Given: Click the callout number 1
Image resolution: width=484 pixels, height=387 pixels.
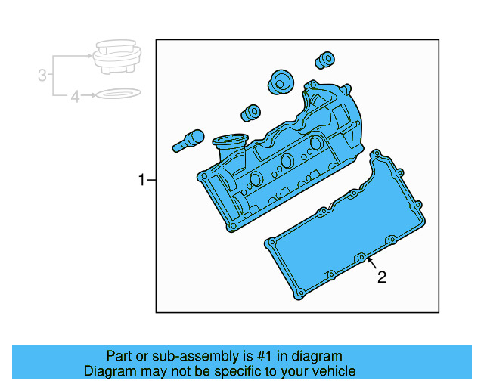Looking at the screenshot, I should [x=141, y=180].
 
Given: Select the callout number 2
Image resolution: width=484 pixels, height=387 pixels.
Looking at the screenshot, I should [x=382, y=277].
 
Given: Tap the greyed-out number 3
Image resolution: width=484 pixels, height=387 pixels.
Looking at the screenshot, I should [x=43, y=75].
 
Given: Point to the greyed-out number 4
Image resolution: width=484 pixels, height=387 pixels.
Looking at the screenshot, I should [x=75, y=96].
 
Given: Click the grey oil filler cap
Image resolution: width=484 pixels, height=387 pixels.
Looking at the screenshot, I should [x=115, y=58].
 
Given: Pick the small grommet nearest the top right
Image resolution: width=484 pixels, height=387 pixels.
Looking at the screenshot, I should [x=325, y=59].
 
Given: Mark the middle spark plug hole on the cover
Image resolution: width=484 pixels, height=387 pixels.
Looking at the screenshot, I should [x=287, y=161].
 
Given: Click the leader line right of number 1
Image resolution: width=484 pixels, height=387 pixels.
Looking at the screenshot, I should [x=151, y=180].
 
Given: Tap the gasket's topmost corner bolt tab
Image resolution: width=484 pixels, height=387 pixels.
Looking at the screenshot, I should [x=375, y=154].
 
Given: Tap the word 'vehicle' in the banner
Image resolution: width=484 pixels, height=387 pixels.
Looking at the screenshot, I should [x=333, y=371].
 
